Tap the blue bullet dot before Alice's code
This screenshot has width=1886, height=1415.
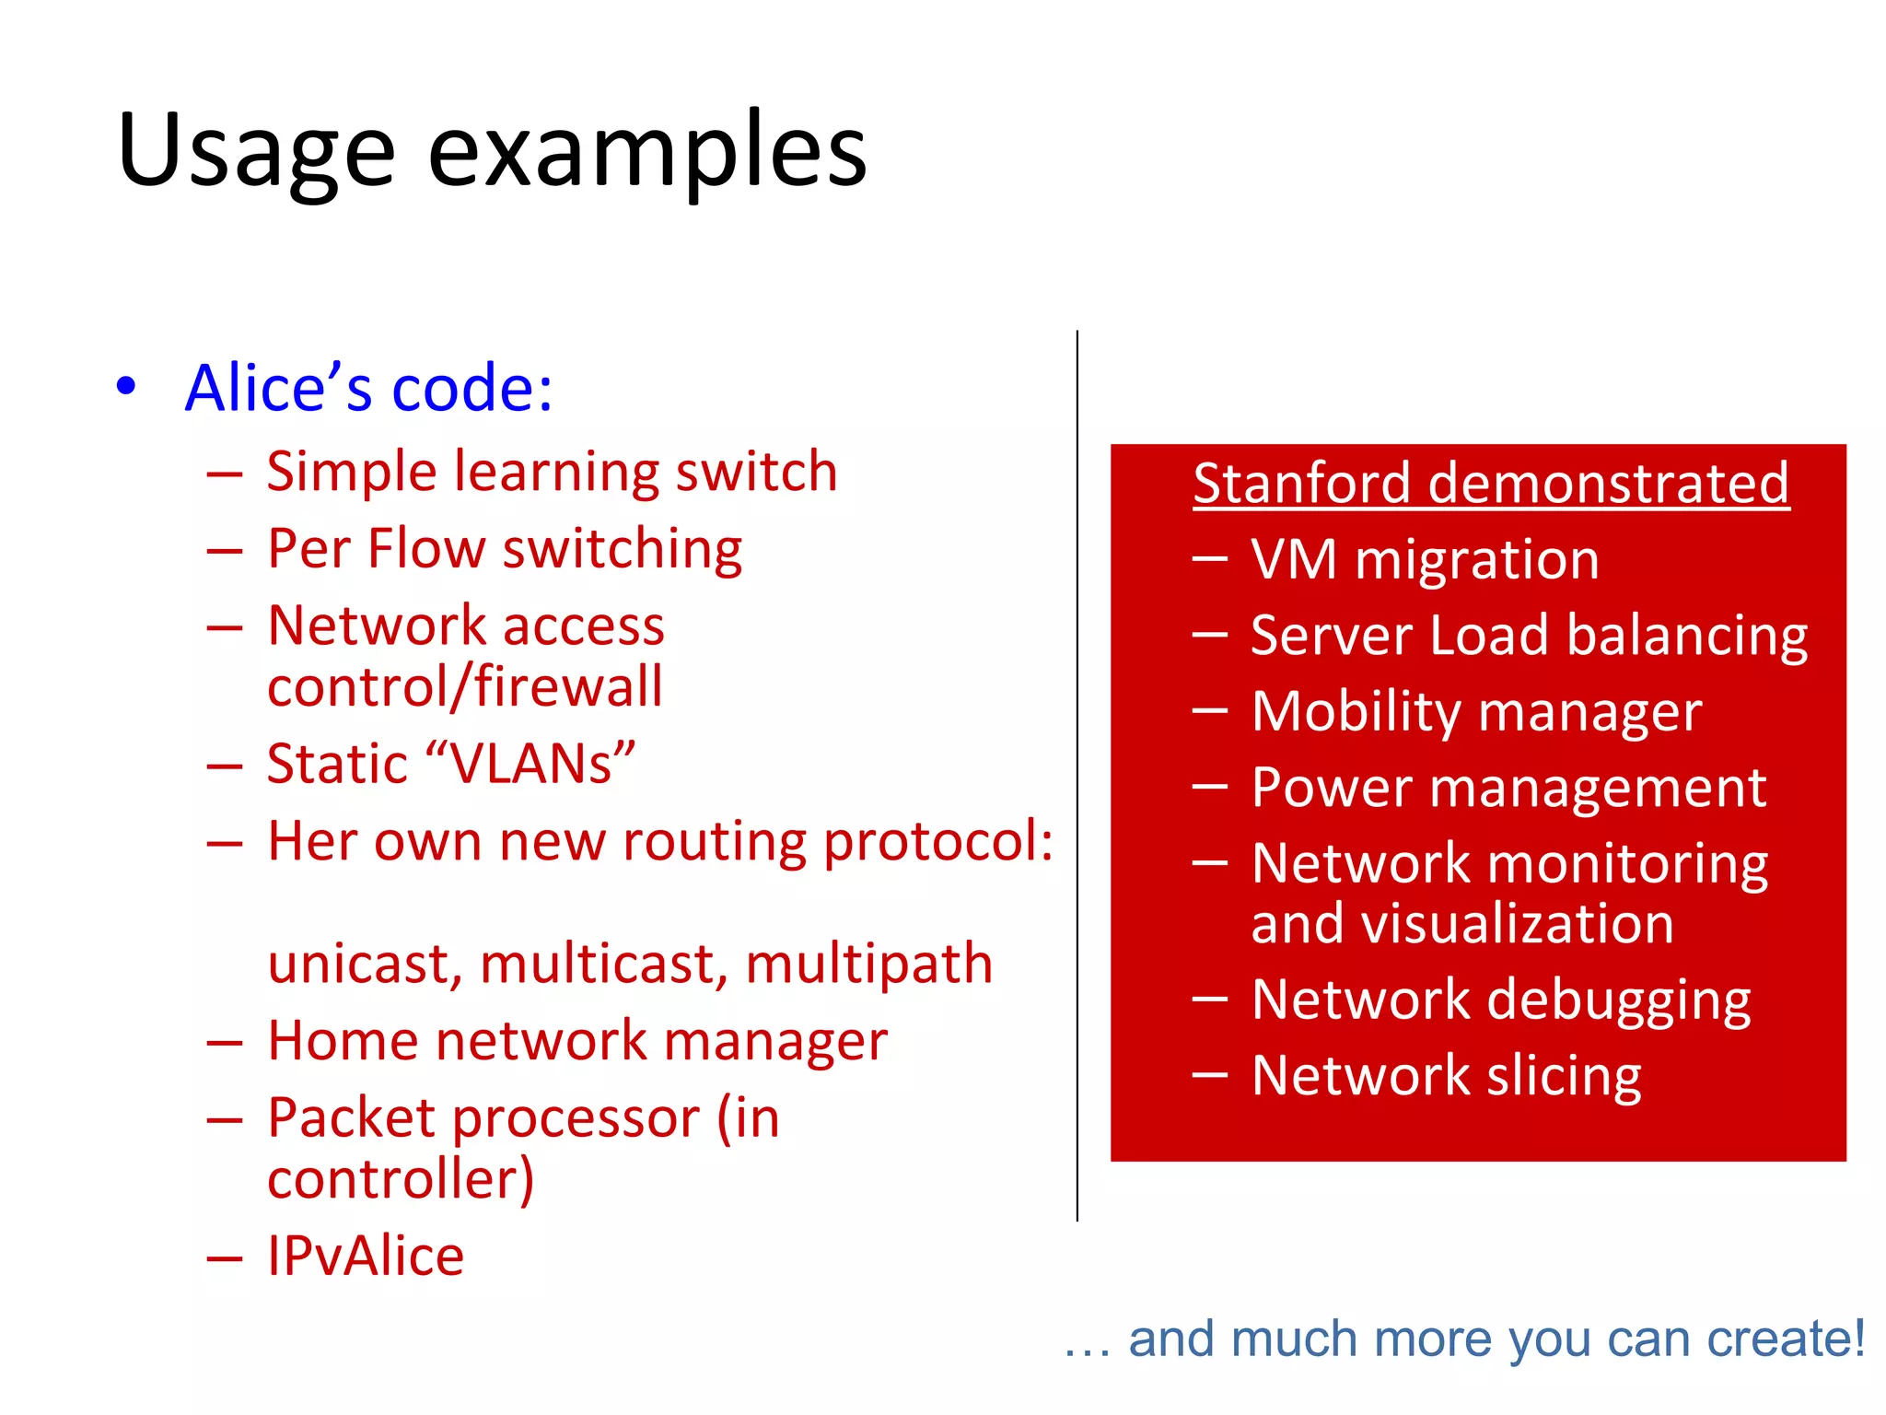127,386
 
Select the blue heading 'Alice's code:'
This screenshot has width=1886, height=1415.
368,388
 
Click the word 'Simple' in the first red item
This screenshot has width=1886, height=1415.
352,473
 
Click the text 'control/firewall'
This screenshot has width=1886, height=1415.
465,687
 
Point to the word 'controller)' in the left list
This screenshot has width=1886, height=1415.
401,1179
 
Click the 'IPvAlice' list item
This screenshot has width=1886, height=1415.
366,1256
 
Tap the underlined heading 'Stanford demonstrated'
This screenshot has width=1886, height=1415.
1491,484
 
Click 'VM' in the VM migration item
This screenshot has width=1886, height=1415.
1294,559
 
